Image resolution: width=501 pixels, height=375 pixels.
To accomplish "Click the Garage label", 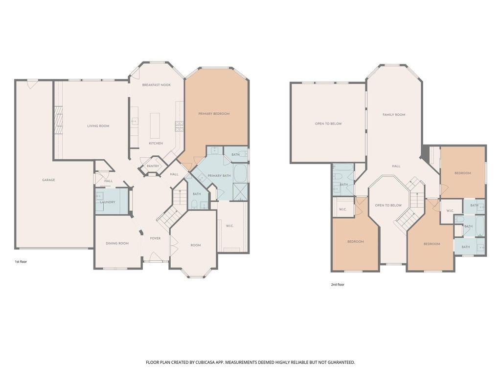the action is point(48,180).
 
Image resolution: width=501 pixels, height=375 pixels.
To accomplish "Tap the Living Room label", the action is point(98,126).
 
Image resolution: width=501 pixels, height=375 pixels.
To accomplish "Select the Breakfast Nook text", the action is point(156,85).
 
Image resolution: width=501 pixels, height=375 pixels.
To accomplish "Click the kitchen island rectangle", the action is point(155,125).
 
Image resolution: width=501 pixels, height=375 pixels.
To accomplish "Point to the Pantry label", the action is point(153,166).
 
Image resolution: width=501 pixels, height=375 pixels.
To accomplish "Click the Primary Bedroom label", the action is point(214,114).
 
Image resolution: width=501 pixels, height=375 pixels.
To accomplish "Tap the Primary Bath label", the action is point(219,176).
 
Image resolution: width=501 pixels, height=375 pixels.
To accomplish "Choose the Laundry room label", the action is point(108,202).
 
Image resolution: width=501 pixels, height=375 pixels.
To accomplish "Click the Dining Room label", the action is point(117,243).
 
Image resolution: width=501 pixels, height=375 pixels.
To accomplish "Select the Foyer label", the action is point(155,238).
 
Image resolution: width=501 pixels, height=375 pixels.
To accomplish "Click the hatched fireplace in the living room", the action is point(58,120).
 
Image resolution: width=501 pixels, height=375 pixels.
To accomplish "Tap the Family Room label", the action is point(394,115).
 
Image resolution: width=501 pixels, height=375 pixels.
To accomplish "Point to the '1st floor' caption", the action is point(21,262).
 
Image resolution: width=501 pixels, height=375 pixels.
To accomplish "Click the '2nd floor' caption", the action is point(338,285).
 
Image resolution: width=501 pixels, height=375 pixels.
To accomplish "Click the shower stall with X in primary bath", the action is point(241,192).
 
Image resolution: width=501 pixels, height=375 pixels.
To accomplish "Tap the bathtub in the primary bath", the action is point(240,173).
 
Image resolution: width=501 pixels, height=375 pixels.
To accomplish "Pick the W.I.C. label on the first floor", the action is point(230,226).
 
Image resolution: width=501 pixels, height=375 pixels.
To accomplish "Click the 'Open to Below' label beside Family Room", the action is point(328,124).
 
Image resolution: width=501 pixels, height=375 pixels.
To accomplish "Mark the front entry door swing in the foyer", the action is point(155,257).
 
